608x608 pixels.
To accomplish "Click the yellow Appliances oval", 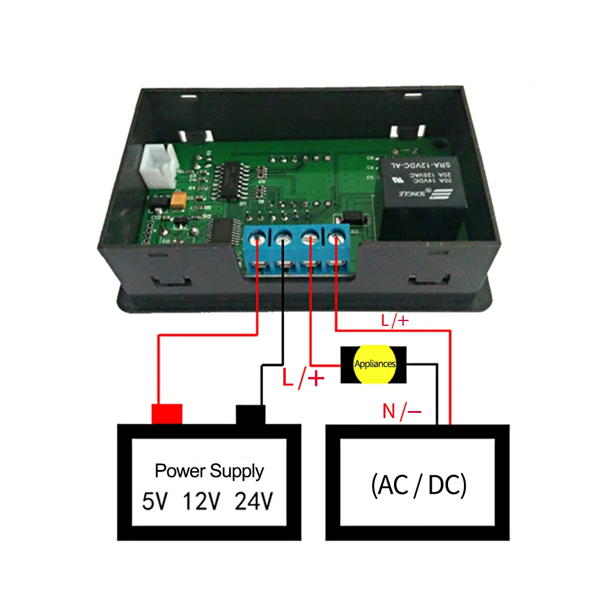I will click(375, 365).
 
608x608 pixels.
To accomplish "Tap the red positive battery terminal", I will click(167, 414).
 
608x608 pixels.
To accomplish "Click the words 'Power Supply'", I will click(209, 471).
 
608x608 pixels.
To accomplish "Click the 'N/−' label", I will click(402, 412).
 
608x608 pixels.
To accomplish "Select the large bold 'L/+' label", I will click(303, 379).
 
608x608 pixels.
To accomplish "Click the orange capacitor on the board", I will click(179, 201).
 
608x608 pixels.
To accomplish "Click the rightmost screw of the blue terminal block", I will click(336, 238).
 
